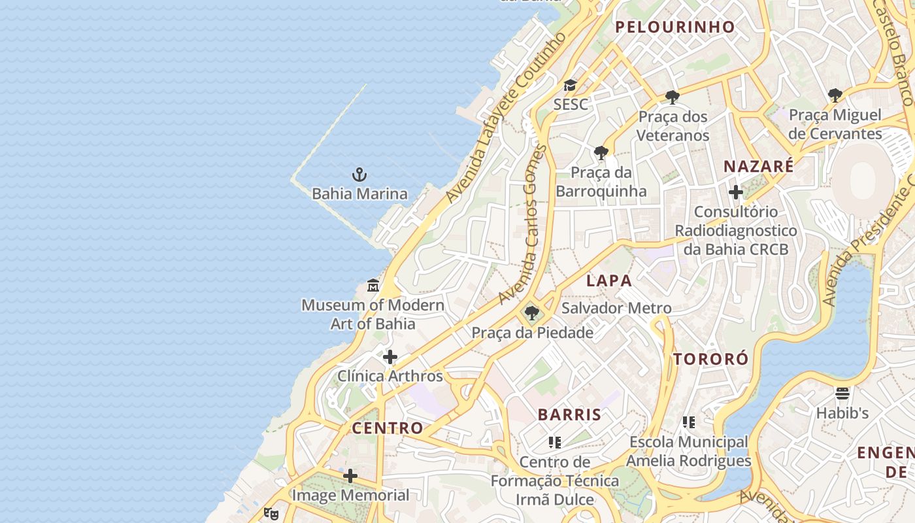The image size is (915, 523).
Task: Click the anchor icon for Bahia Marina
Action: click(x=359, y=175)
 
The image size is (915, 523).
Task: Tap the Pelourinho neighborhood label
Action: click(x=675, y=27)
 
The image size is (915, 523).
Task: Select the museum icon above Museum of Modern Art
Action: click(x=373, y=286)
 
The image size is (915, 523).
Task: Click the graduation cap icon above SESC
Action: click(x=570, y=86)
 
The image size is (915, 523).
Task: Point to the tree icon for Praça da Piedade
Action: click(x=532, y=313)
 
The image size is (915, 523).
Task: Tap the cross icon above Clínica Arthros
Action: click(x=390, y=357)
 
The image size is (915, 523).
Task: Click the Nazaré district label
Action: click(x=758, y=166)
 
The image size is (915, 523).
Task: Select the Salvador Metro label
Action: click(x=616, y=308)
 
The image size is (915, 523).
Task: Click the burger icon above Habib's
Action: click(x=842, y=394)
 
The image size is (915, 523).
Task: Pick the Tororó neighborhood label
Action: click(x=711, y=359)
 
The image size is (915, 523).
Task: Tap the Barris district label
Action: click(x=569, y=414)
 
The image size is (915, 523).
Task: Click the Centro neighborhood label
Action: click(x=388, y=428)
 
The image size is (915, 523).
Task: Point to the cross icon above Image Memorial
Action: click(x=350, y=476)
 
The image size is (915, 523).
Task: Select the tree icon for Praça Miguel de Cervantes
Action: click(x=835, y=95)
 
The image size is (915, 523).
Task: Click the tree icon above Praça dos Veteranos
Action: click(x=672, y=98)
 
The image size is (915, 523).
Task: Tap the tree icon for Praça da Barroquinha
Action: click(x=601, y=154)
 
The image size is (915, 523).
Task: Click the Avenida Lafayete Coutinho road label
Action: click(x=505, y=118)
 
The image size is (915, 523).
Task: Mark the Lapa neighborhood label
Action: click(x=608, y=281)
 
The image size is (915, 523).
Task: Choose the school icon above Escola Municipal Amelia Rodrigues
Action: click(x=688, y=422)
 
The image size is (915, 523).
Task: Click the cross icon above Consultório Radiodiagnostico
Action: click(x=735, y=192)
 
